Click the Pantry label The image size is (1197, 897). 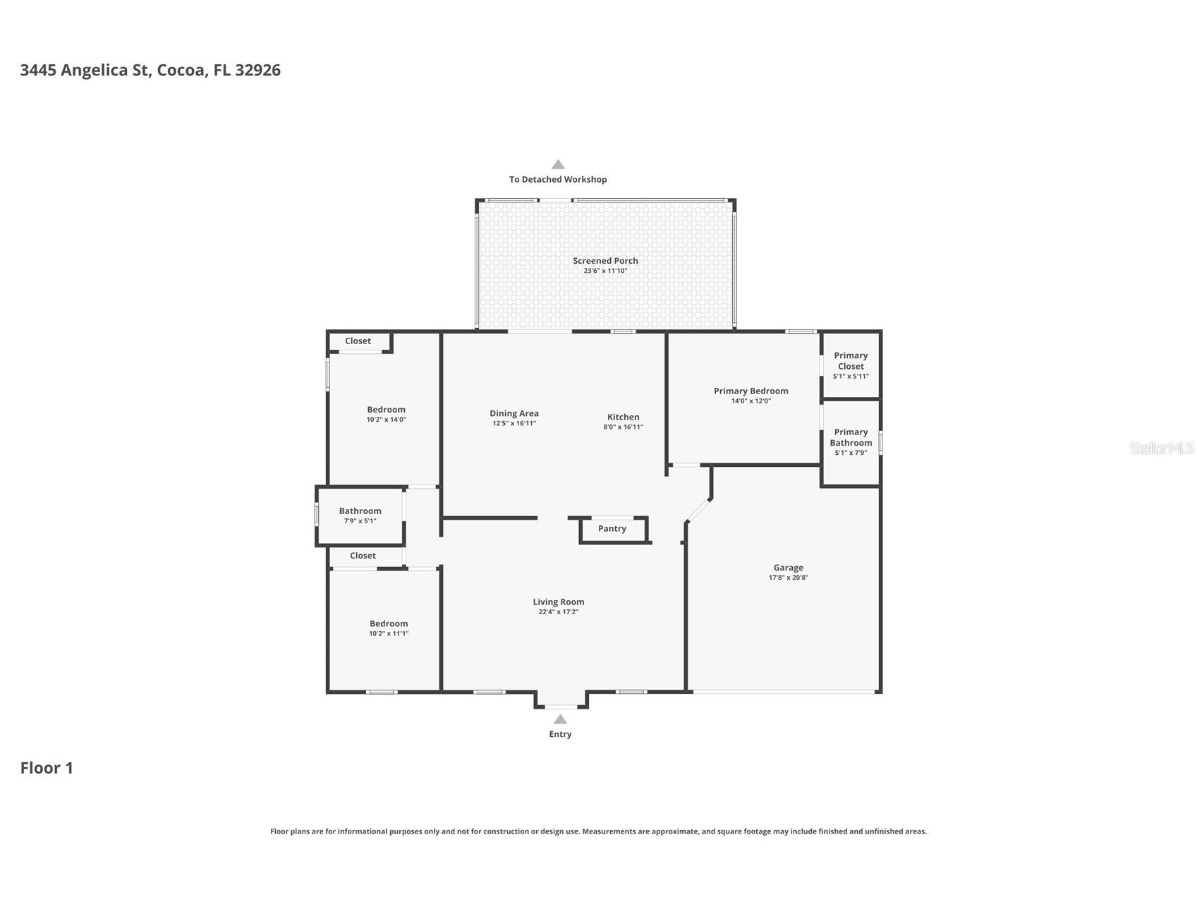[612, 529]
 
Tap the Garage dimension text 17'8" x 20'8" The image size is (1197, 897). [788, 578]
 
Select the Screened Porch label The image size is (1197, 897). [605, 261]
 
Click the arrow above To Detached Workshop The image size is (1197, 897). [558, 165]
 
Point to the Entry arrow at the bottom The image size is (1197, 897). [560, 719]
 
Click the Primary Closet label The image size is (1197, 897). [851, 361]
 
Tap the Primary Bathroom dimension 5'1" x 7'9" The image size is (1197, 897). [851, 453]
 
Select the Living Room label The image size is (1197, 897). [558, 602]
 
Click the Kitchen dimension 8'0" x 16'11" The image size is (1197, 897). [623, 427]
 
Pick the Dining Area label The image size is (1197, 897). [514, 414]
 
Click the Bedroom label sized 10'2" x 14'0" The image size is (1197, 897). [386, 410]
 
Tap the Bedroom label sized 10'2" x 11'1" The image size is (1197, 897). [389, 624]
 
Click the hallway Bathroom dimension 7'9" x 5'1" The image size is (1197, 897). [360, 521]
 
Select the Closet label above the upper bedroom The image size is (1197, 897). [358, 341]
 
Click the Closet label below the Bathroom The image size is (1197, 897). [363, 556]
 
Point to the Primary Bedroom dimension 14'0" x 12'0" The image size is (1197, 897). [751, 401]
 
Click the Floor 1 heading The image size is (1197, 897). [47, 768]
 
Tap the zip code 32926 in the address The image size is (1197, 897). [257, 70]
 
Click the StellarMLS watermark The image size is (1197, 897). [1161, 448]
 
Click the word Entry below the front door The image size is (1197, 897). [560, 734]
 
